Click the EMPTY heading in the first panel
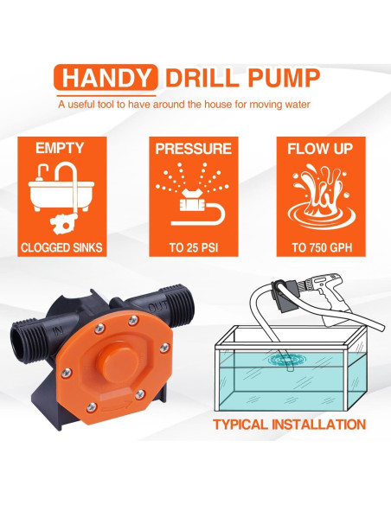tap(60, 148)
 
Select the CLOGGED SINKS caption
tap(60, 248)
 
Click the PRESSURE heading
tap(193, 148)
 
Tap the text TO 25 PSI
tap(193, 248)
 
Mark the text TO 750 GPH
tap(322, 248)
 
